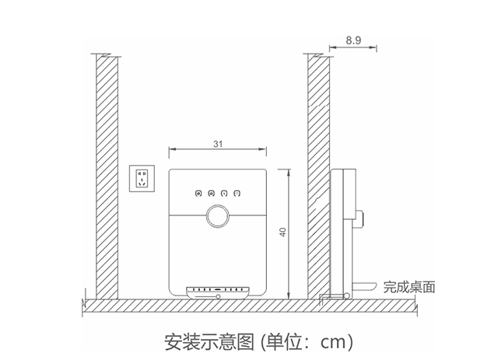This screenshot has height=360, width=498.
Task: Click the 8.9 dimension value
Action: tap(353, 40)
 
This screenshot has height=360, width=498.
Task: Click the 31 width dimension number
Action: tap(218, 144)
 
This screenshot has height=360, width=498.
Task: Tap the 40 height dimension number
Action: tap(282, 232)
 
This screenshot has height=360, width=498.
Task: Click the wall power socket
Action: tap(142, 178)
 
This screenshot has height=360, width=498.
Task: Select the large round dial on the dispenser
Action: tap(218, 216)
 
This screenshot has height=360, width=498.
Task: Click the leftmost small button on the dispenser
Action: tap(198, 194)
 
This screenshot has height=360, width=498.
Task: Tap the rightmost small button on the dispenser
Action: tap(237, 193)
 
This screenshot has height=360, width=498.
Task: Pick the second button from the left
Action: tap(211, 194)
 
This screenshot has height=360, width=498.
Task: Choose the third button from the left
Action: tap(224, 194)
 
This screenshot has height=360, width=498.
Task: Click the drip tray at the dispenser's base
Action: tap(218, 292)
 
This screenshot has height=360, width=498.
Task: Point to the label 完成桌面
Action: tap(409, 287)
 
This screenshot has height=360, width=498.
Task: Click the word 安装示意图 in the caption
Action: tap(209, 341)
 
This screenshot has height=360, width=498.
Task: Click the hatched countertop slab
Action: tap(250, 306)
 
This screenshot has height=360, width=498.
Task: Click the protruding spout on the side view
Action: tap(359, 219)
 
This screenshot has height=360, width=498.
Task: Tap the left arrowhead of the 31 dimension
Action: tap(172, 149)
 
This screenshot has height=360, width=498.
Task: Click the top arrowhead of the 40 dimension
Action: tap(289, 173)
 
